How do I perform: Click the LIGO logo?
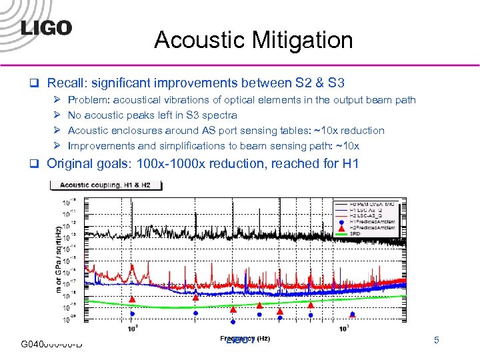(x=45, y=28)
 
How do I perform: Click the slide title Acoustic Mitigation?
(x=253, y=41)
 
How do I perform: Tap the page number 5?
(x=437, y=341)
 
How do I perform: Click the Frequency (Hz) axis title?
(x=245, y=338)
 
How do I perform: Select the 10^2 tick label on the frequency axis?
(x=133, y=328)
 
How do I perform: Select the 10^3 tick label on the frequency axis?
(x=344, y=328)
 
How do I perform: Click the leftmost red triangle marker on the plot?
(x=132, y=299)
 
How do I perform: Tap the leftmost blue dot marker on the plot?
(x=132, y=313)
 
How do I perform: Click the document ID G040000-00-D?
(x=51, y=343)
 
